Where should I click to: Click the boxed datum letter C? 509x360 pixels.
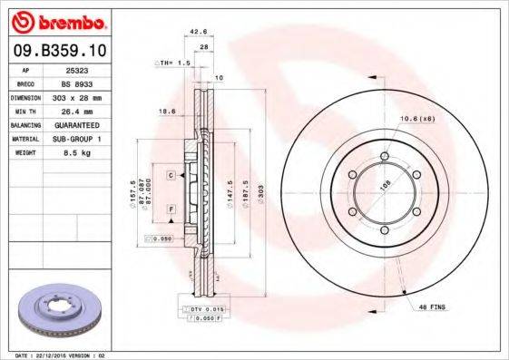tap(170, 173)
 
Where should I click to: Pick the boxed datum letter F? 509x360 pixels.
tap(170, 209)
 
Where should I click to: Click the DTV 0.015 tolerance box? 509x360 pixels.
tap(201, 310)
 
